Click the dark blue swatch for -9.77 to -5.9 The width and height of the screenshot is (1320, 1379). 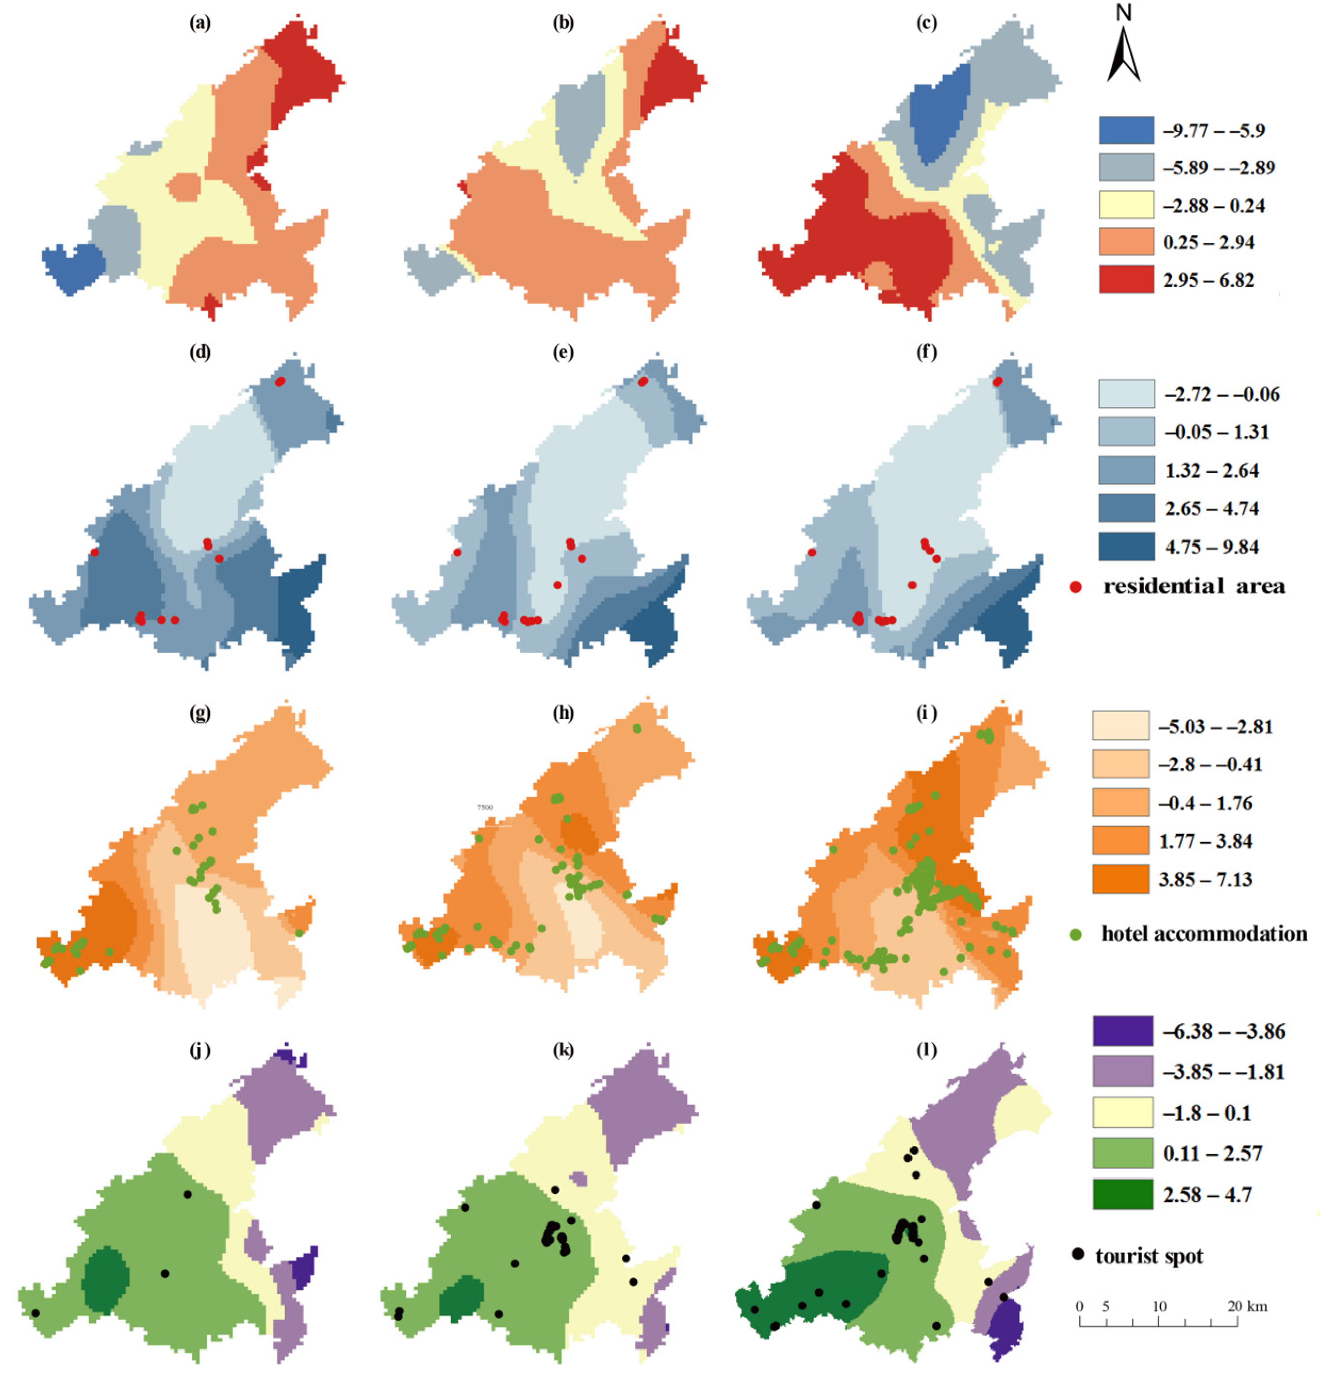pyautogui.click(x=1126, y=130)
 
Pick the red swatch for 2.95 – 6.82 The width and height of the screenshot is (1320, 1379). pyautogui.click(x=1126, y=279)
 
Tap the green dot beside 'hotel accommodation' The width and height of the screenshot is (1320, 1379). pyautogui.click(x=1075, y=934)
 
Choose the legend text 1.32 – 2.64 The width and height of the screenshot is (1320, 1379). pyautogui.click(x=1211, y=471)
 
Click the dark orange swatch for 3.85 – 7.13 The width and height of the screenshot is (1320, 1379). pyautogui.click(x=1120, y=879)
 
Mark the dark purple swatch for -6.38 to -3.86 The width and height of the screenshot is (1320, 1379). pyautogui.click(x=1122, y=1031)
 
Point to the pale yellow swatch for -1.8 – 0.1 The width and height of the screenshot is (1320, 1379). pyautogui.click(x=1122, y=1112)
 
